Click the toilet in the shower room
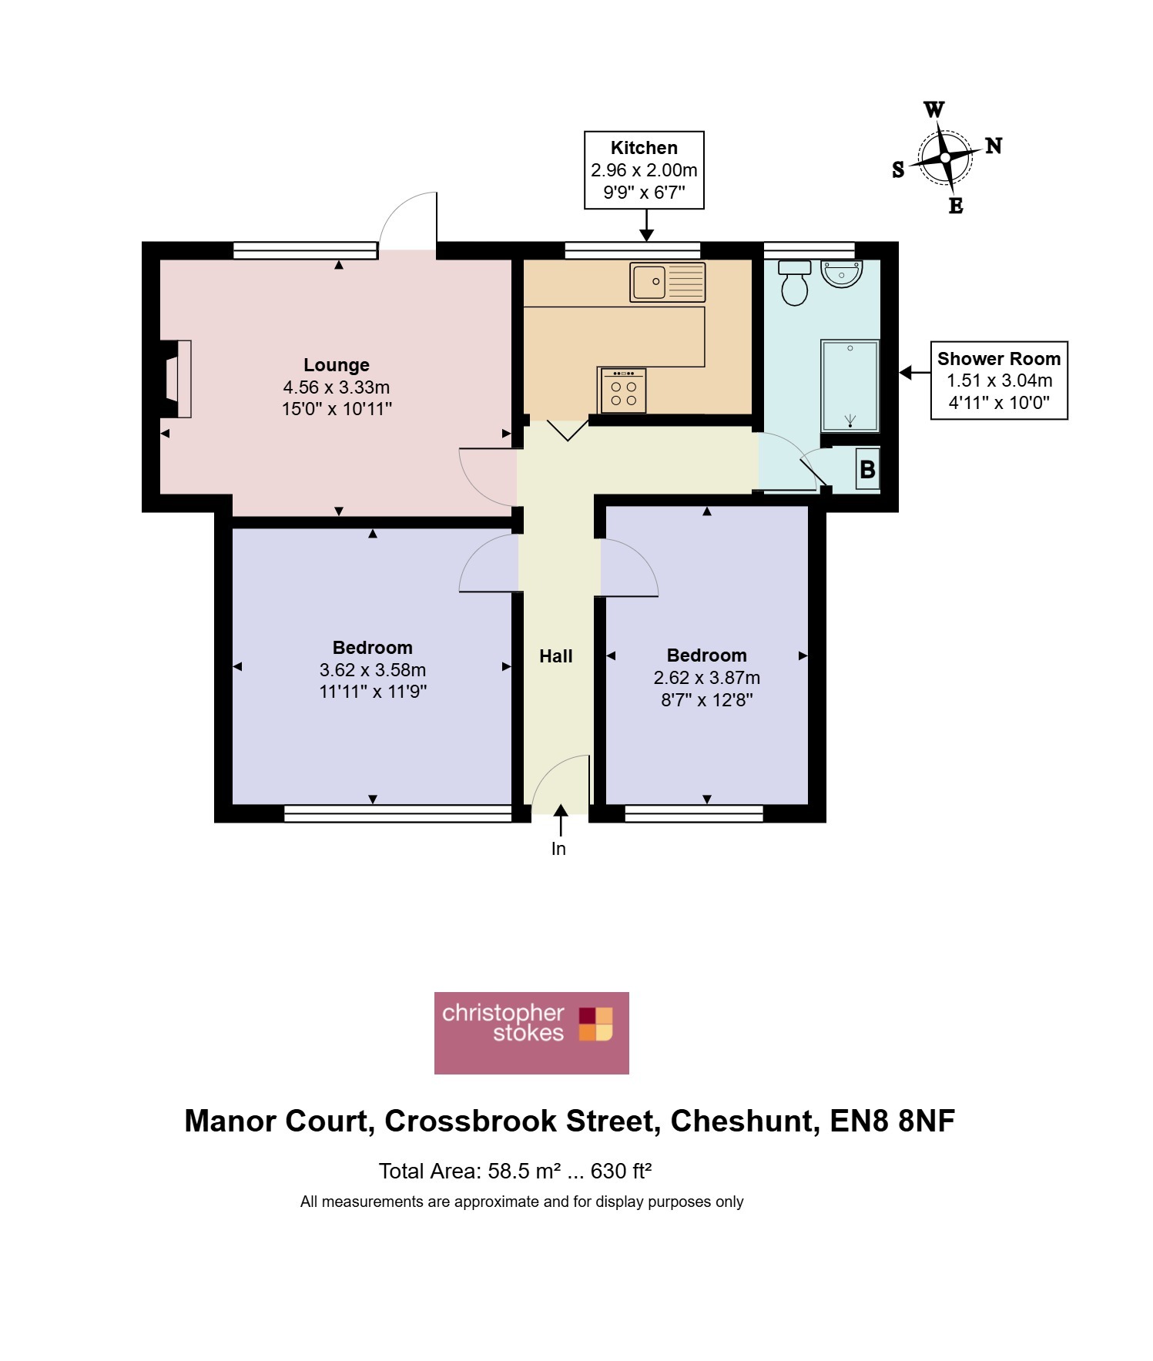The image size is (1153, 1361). point(794,283)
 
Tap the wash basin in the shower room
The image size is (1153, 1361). point(842,273)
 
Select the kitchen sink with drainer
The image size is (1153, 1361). point(667,282)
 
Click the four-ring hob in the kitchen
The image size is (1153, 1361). point(623,391)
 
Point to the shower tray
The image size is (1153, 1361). point(850,385)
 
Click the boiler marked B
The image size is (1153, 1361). point(867,469)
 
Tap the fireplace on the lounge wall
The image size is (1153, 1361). point(176,379)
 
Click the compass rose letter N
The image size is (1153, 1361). point(994,146)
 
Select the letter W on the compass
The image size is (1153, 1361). point(933,109)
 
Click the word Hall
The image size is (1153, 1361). point(556,656)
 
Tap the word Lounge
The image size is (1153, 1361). point(337,365)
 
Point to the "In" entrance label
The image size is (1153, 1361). point(558,849)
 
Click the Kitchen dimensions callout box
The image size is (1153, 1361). point(645,170)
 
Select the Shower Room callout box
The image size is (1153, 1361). point(999,380)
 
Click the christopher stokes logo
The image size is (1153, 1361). point(531,1033)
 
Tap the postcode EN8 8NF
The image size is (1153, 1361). point(892,1121)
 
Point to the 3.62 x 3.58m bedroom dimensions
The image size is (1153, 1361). point(373,670)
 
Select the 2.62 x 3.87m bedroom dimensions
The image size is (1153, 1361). point(707,678)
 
